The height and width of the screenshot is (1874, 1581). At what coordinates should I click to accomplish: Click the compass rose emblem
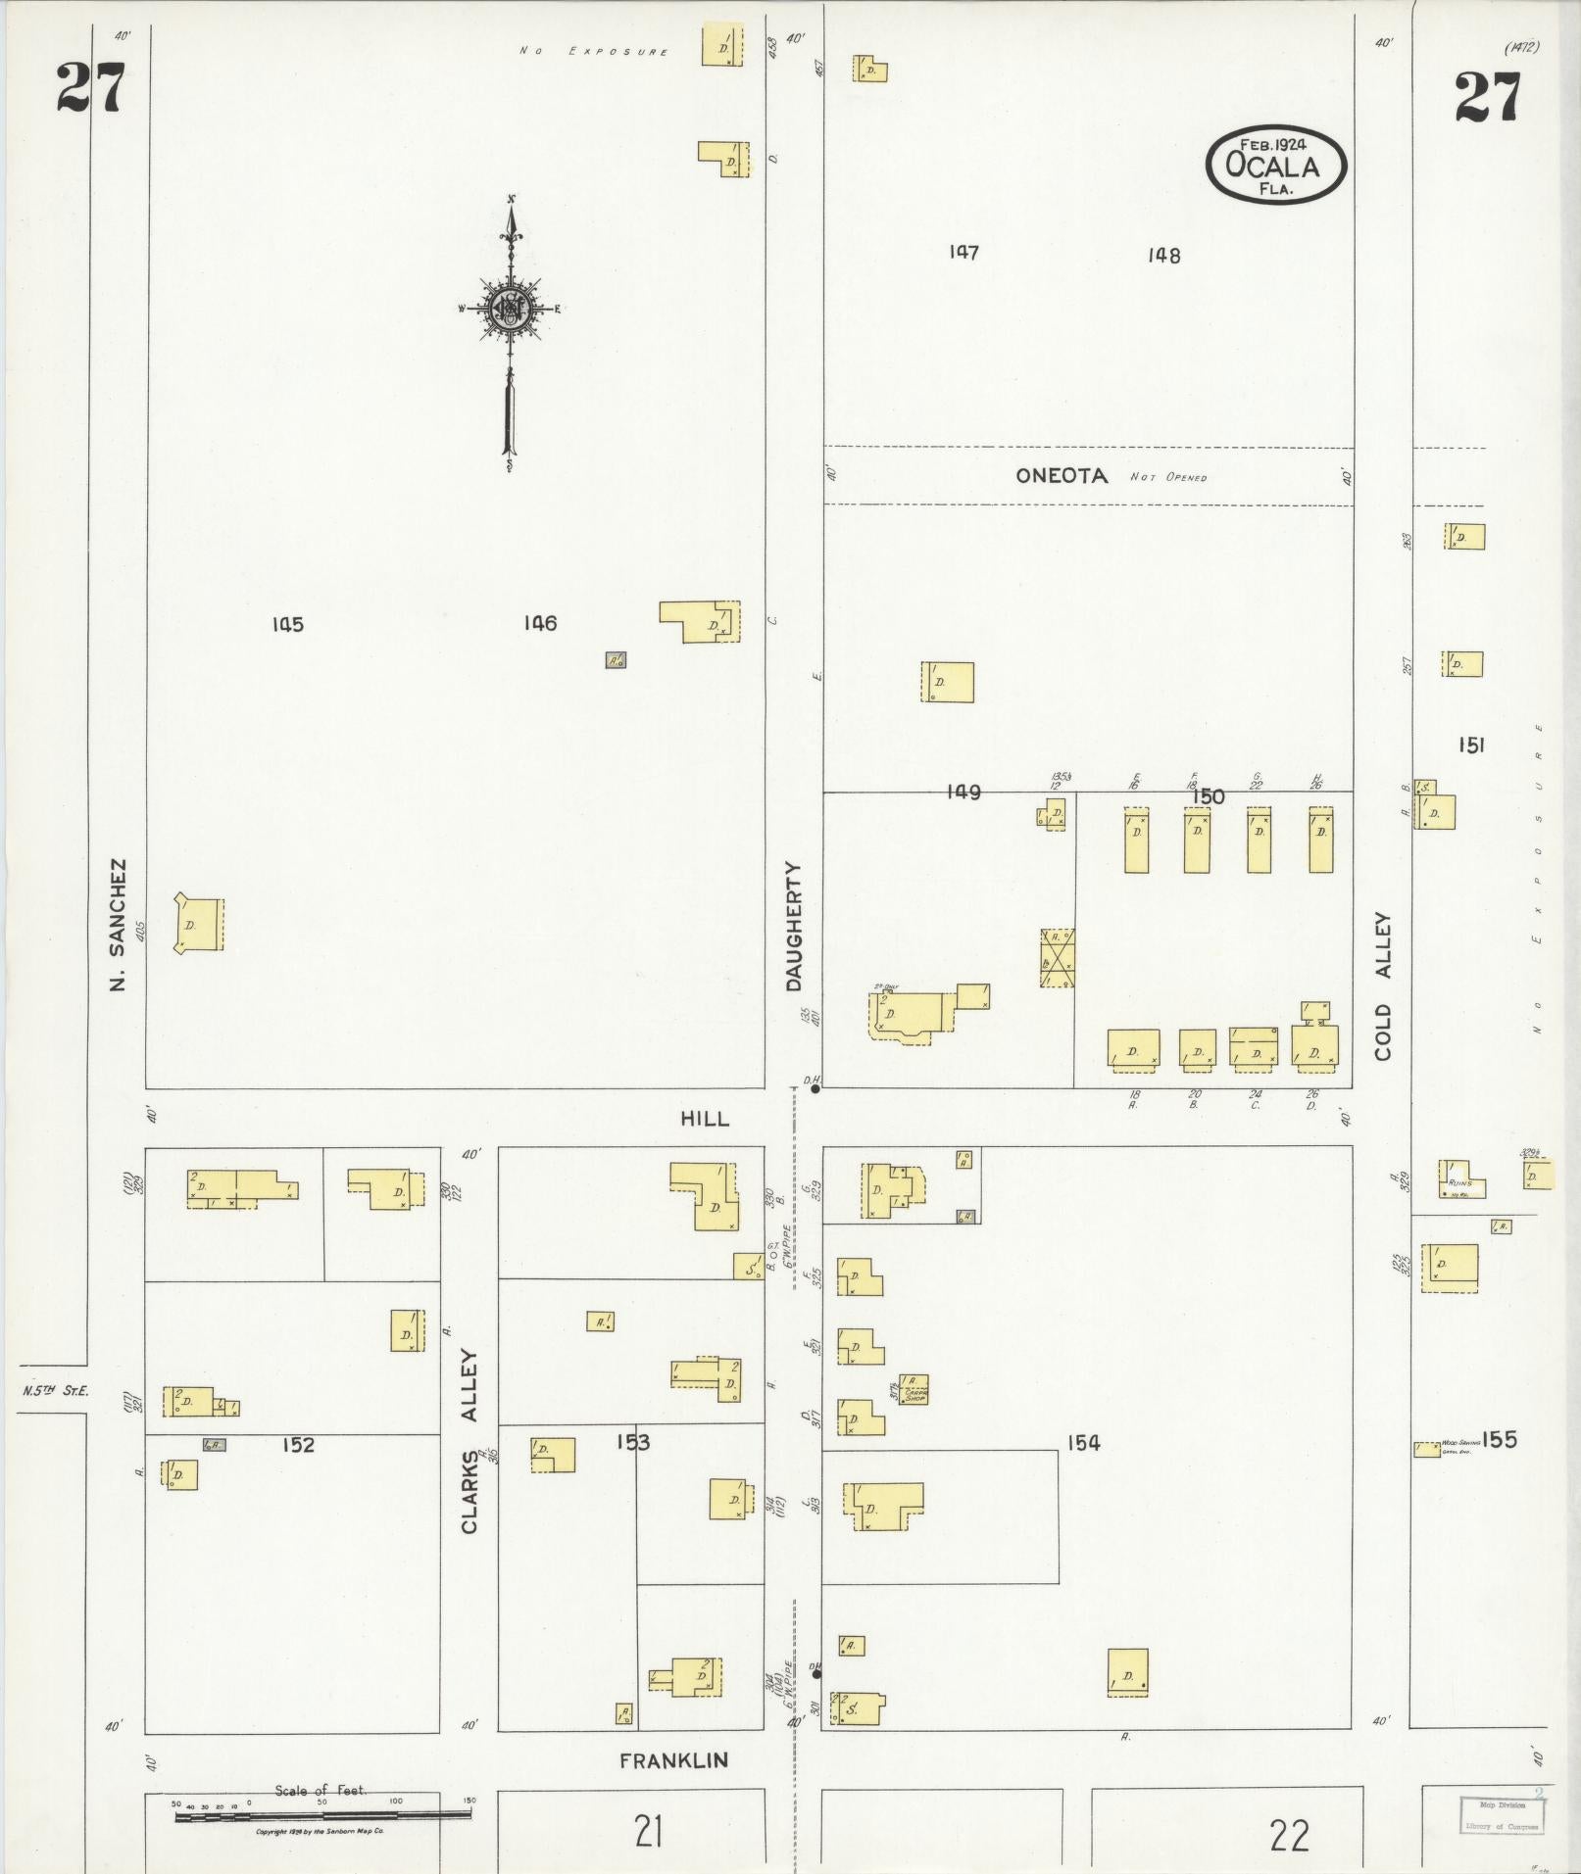tap(510, 309)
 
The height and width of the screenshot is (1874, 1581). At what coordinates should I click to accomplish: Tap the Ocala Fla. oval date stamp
tap(1275, 165)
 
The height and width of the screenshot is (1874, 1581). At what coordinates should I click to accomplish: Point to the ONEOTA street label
tap(1062, 476)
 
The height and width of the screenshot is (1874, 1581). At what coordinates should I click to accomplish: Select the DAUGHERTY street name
tap(794, 926)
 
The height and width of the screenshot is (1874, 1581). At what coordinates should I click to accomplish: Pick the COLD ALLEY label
tap(1382, 986)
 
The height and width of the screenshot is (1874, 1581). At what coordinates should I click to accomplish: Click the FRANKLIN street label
tap(673, 1760)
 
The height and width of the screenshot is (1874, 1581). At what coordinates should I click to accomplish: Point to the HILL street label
tap(705, 1118)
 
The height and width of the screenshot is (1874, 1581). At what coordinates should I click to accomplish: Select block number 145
tap(288, 624)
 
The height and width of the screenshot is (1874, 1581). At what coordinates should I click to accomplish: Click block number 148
tap(1163, 256)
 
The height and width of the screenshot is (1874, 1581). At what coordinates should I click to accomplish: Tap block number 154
tap(1084, 1442)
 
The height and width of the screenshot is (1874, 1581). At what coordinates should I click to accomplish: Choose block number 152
tap(298, 1444)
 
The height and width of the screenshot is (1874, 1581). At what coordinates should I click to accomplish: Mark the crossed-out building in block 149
tap(1058, 957)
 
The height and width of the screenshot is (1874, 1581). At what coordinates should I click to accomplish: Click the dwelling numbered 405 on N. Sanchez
tap(199, 923)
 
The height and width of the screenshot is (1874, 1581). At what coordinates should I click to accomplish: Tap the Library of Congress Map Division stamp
tap(1501, 1814)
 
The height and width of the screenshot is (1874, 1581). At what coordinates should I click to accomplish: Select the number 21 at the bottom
tap(648, 1831)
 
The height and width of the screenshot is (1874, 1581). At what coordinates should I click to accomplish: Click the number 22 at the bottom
tap(1289, 1835)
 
